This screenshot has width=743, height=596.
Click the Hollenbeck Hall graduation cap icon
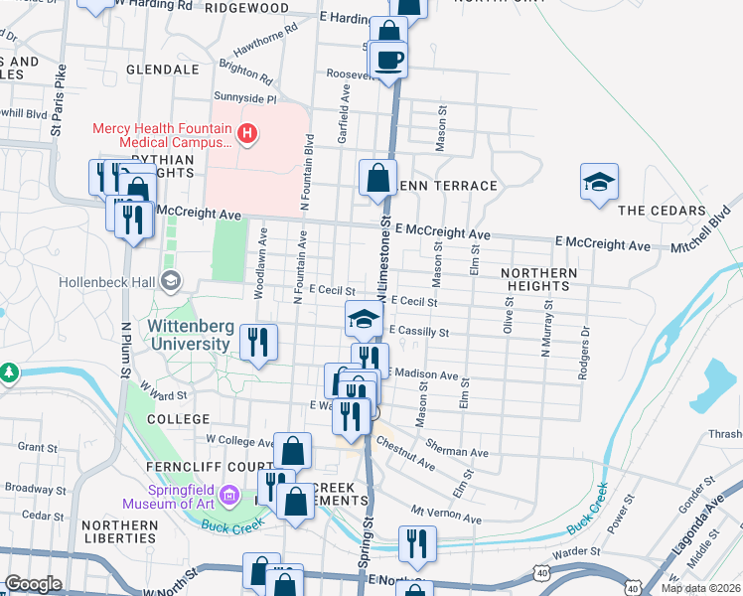click(x=172, y=281)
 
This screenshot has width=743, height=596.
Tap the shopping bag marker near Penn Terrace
click(x=377, y=179)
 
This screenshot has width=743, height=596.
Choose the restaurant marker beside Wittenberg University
click(x=258, y=343)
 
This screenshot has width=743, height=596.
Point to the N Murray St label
click(x=545, y=332)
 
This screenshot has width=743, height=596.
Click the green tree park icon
click(x=9, y=372)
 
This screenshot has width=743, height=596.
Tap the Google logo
click(x=33, y=584)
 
